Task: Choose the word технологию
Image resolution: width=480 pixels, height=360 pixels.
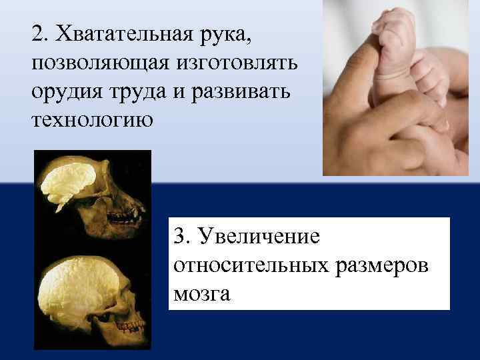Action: pyautogui.click(x=91, y=120)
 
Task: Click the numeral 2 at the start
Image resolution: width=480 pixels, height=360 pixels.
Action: pyautogui.click(x=38, y=33)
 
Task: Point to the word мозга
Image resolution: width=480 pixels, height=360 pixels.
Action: pyautogui.click(x=201, y=294)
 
